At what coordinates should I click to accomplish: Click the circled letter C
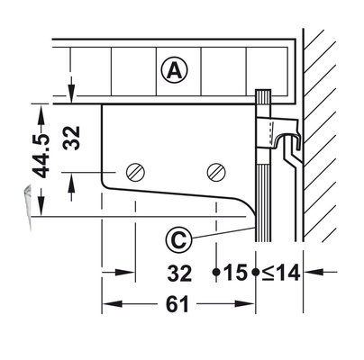click(178, 240)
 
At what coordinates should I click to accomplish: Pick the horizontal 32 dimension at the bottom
click(177, 272)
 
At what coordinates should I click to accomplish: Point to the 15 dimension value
click(235, 272)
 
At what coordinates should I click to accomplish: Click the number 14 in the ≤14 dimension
click(287, 272)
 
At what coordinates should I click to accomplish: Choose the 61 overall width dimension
click(177, 305)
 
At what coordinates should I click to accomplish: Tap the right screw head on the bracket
click(215, 171)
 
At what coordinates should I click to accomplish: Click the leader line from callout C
click(222, 233)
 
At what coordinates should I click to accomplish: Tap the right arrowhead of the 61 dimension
click(250, 305)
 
